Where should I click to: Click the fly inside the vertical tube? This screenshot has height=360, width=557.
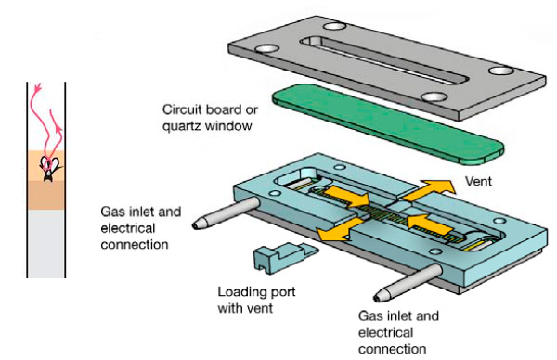pos(48,168)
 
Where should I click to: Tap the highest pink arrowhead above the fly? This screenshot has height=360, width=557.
pos(38,86)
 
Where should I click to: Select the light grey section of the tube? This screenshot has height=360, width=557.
pos(46,243)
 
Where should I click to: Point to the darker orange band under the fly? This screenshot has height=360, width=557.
pos(46,195)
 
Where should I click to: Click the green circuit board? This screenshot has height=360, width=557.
pos(388,124)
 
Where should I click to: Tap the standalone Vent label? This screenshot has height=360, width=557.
pos(478,182)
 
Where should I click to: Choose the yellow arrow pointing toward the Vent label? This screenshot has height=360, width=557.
pos(430,189)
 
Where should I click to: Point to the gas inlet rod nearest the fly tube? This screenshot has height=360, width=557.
pos(227,213)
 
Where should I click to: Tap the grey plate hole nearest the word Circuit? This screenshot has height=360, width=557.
pos(266,48)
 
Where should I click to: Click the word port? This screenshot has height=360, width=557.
pos(281,293)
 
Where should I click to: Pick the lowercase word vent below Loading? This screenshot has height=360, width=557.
pos(259,309)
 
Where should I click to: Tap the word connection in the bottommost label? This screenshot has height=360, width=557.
pos(392,350)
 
